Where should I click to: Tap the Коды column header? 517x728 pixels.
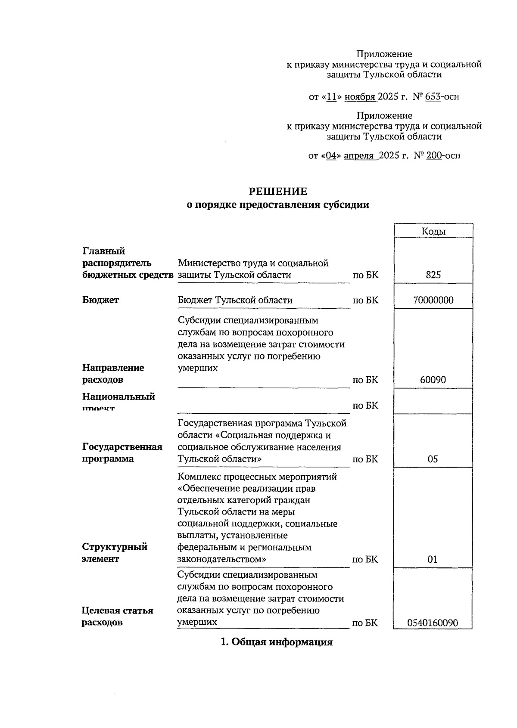point(433,231)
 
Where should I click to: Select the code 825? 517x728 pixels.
point(433,275)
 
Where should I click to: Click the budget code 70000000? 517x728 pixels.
point(433,300)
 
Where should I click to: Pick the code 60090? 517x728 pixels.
point(433,380)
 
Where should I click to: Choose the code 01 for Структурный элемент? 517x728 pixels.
point(432,559)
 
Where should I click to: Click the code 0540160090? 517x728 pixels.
point(433,623)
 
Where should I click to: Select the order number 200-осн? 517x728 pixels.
point(443,155)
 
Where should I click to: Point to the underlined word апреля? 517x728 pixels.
point(359,155)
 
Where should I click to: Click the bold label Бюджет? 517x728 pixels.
point(100,300)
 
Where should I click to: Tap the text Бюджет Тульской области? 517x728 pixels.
point(235,300)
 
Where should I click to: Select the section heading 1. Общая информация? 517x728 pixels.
point(277,642)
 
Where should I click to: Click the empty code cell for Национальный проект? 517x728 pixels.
point(433,401)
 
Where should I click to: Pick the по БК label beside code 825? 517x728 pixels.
point(365,275)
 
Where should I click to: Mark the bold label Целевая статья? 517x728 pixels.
point(117,610)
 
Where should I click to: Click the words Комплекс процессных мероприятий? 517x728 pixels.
point(257,477)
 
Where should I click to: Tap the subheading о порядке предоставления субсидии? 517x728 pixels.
point(277,205)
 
